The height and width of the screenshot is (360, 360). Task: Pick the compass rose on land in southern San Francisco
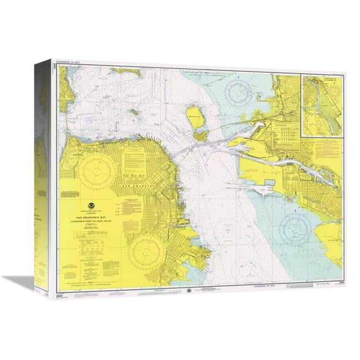146,253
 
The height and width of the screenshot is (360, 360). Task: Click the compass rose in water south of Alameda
293,227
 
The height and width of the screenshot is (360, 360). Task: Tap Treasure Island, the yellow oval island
196,116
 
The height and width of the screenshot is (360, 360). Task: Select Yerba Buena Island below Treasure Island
200,135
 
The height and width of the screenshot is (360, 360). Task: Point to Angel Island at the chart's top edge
125,71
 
